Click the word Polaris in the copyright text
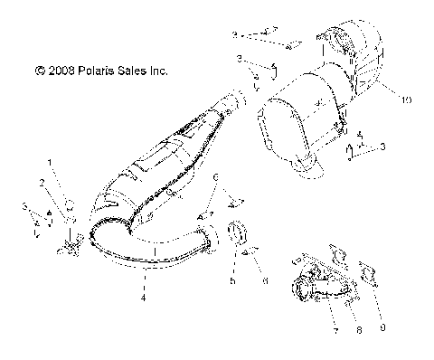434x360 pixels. [99, 70]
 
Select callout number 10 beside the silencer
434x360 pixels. [382, 99]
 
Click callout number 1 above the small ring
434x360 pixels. [51, 163]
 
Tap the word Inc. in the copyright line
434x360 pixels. [157, 70]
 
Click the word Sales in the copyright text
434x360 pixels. [133, 70]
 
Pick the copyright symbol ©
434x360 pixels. [39, 70]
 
